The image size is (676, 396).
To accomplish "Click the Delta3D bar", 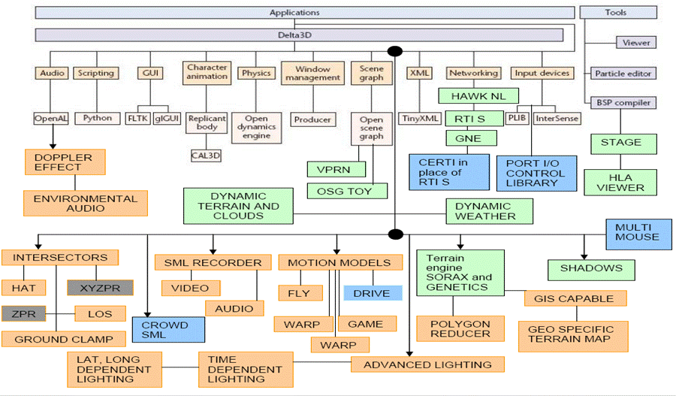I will coord(299,35).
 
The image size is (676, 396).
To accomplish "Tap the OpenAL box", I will coord(52,119).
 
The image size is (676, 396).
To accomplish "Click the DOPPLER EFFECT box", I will coord(64,162).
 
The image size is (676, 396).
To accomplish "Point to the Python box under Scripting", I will coord(97,119).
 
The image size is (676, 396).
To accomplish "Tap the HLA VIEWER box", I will coord(620,182).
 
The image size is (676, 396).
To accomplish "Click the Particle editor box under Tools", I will coord(623,74).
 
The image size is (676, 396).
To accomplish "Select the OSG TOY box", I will coord(348,190).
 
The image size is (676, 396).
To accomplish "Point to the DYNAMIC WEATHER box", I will coord(489,211).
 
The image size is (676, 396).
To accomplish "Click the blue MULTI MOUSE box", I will coord(636,232).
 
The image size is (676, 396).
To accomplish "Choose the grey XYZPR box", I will coord(100,287).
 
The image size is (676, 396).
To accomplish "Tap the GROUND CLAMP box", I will coord(64,339).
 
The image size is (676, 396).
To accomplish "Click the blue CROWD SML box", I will coord(169,329).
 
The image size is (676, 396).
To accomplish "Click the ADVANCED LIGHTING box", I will coord(427,364).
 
